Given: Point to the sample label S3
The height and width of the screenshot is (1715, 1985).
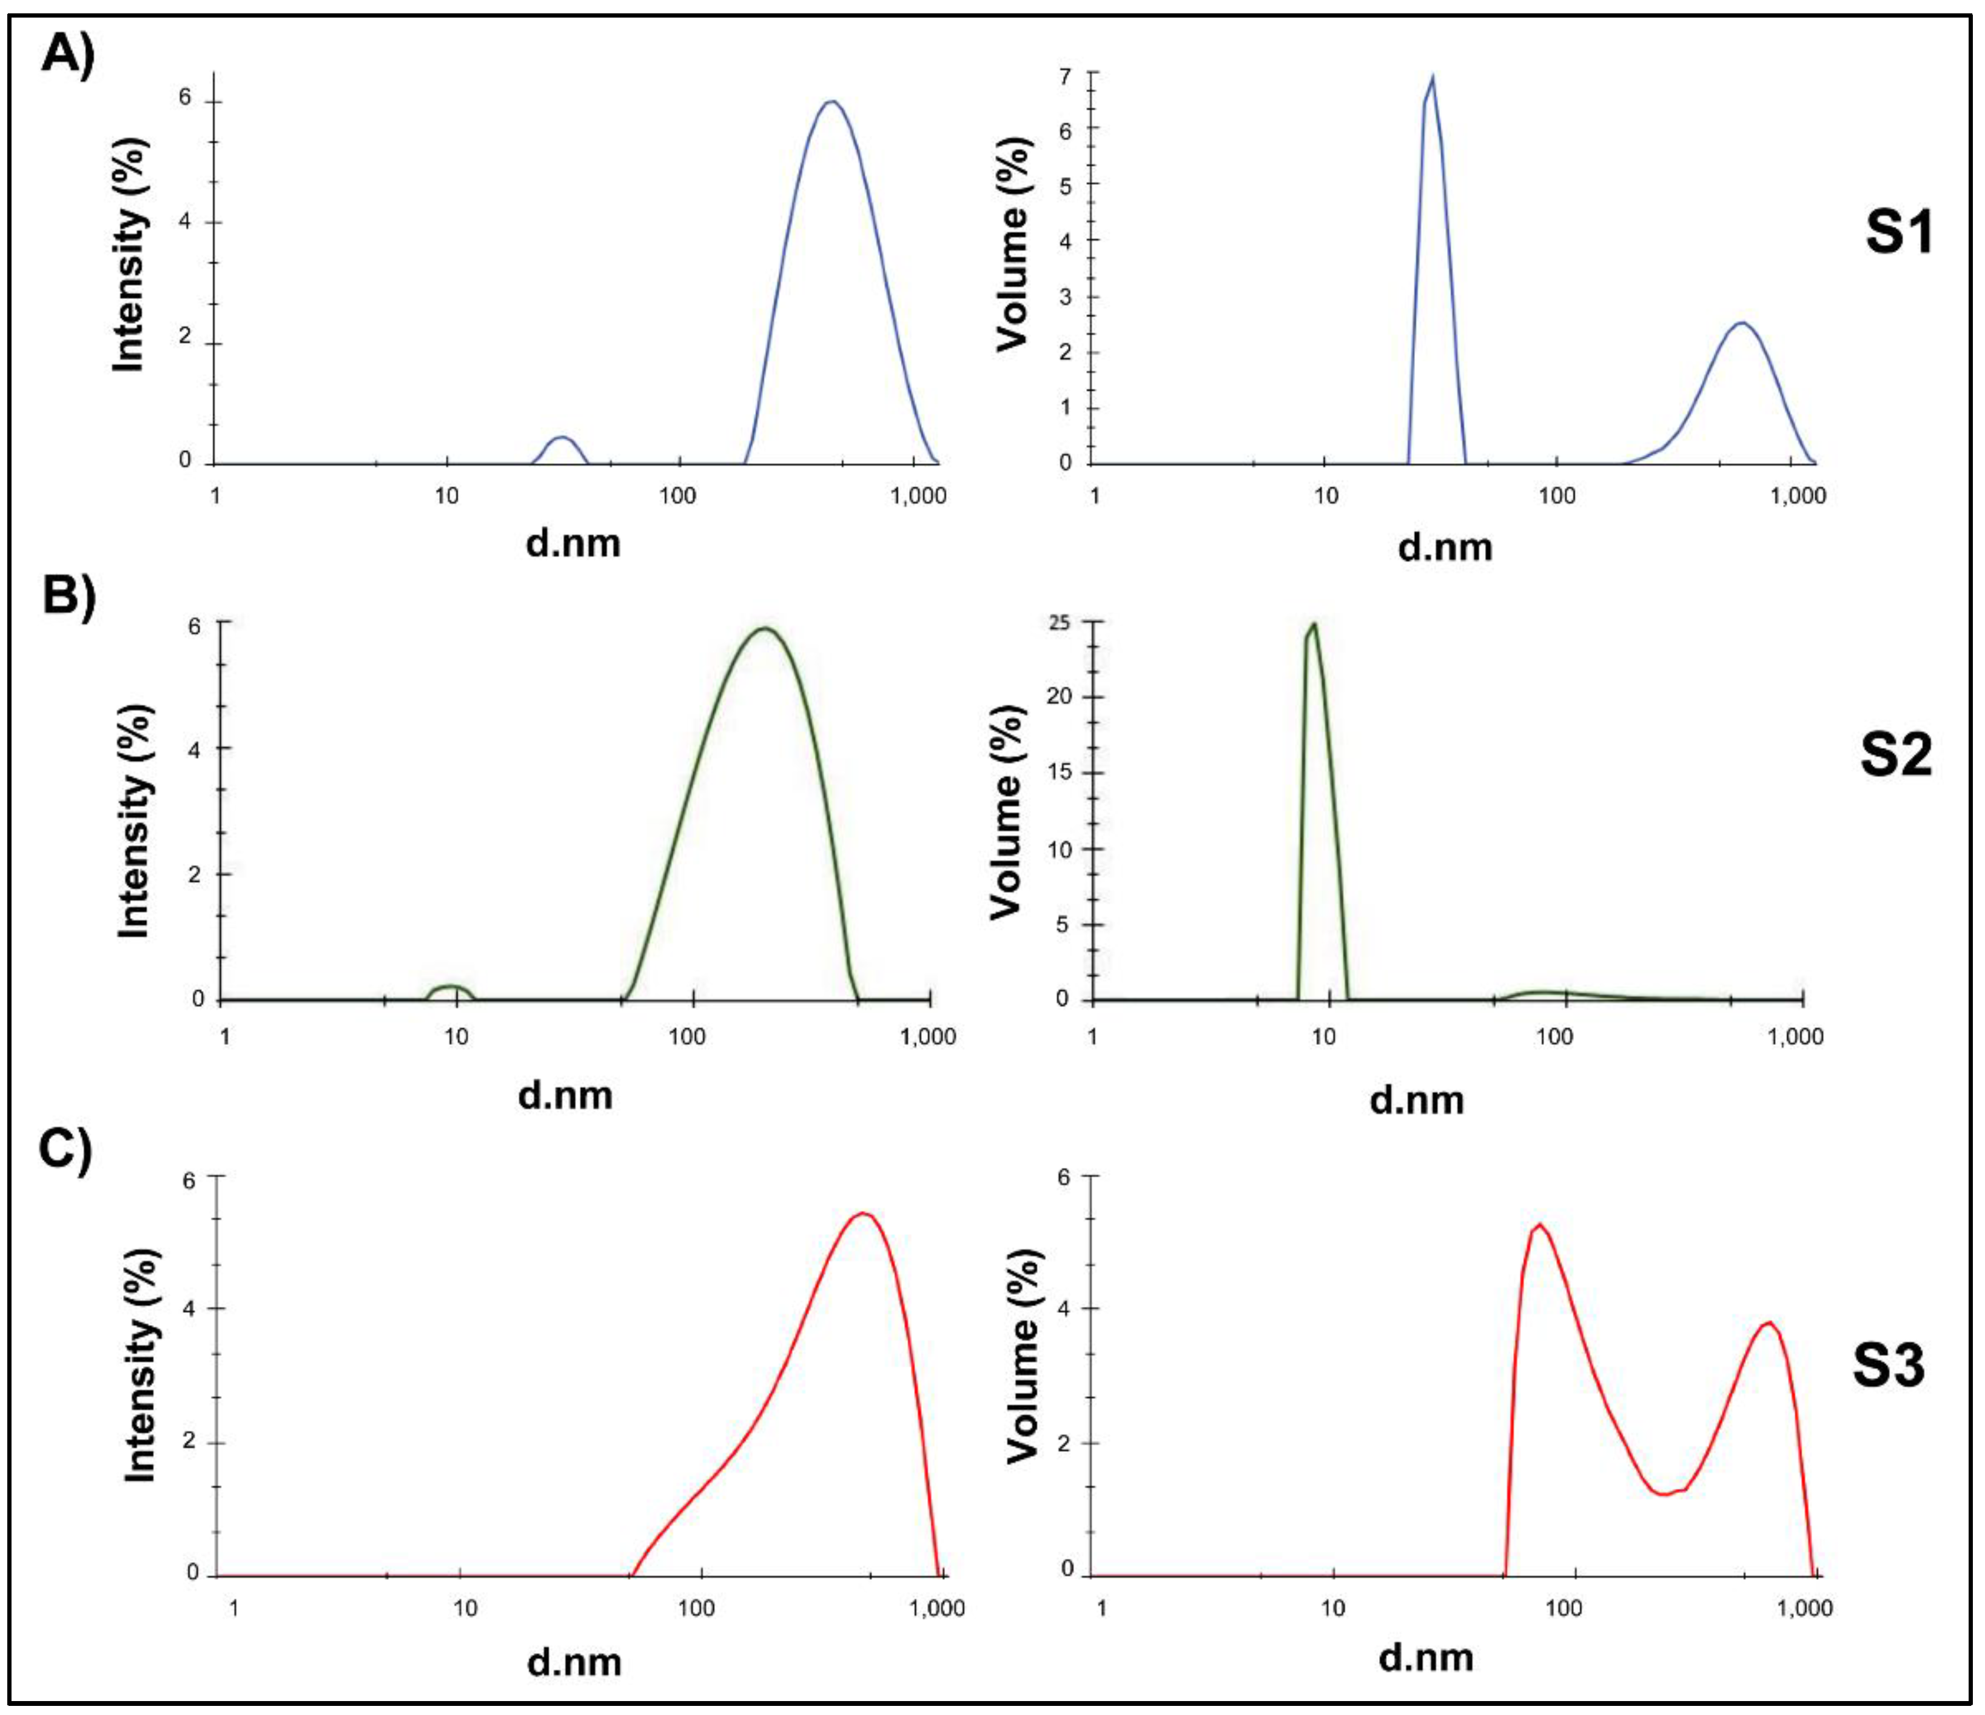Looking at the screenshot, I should pos(1888,1365).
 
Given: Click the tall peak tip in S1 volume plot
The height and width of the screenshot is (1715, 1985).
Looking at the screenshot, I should pos(1431,79).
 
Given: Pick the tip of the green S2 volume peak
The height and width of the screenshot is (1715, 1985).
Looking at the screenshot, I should pos(1314,625).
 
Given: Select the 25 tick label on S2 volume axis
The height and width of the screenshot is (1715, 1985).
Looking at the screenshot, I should pos(1058,621).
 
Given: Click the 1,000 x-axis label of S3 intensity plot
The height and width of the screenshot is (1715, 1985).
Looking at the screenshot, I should pos(937,1608).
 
